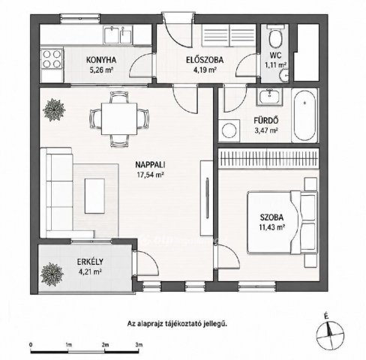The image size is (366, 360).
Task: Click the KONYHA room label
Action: (x=101, y=60)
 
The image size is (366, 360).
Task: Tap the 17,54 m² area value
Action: (x=150, y=175)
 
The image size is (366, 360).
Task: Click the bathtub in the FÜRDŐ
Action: (x=304, y=115)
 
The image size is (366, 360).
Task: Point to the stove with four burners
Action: (x=52, y=58)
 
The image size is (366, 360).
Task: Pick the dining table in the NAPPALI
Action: (x=119, y=118)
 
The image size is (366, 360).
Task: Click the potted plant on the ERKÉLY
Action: (x=52, y=274)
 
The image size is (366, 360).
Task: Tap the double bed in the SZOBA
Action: (x=283, y=223)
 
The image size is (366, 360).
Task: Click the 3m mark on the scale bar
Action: (x=139, y=344)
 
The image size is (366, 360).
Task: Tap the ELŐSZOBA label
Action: (x=205, y=60)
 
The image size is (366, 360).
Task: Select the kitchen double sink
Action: (x=118, y=35)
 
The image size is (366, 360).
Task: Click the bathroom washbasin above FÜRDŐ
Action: (x=269, y=97)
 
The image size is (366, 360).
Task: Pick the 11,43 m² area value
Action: (x=272, y=227)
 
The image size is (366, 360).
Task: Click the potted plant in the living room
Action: (x=54, y=109)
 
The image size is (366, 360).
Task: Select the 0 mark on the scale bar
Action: (x=31, y=344)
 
